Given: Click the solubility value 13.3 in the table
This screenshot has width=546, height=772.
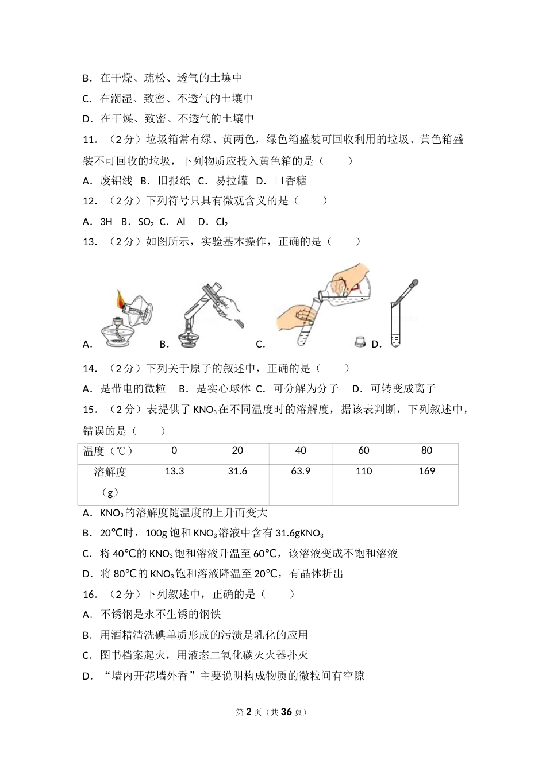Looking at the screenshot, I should click(174, 472).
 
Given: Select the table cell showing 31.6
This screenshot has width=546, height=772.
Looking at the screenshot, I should click(237, 472).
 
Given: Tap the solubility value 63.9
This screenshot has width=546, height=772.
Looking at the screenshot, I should click(301, 472).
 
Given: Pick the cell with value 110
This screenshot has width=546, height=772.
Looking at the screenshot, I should click(364, 472).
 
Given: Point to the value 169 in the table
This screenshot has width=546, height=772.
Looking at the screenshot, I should click(426, 472).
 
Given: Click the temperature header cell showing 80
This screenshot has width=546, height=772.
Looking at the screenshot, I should click(426, 451).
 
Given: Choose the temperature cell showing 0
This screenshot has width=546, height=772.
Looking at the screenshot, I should click(174, 451).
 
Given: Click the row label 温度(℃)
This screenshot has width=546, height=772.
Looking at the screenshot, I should click(109, 451).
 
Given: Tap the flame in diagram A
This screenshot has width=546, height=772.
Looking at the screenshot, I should click(120, 299).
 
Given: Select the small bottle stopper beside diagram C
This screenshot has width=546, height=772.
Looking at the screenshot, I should click(360, 342).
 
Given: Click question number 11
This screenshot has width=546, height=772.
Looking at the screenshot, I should click(90, 140).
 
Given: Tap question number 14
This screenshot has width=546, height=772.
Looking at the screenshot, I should click(90, 369).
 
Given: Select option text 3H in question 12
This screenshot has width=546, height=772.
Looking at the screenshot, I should click(106, 222).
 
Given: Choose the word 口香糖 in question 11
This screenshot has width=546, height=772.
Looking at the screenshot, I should click(290, 181).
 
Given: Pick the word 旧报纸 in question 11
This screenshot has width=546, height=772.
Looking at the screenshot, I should click(174, 181).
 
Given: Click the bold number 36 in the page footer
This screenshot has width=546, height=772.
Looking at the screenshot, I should click(287, 712).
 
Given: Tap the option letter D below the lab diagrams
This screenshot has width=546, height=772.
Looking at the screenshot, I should click(376, 345).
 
